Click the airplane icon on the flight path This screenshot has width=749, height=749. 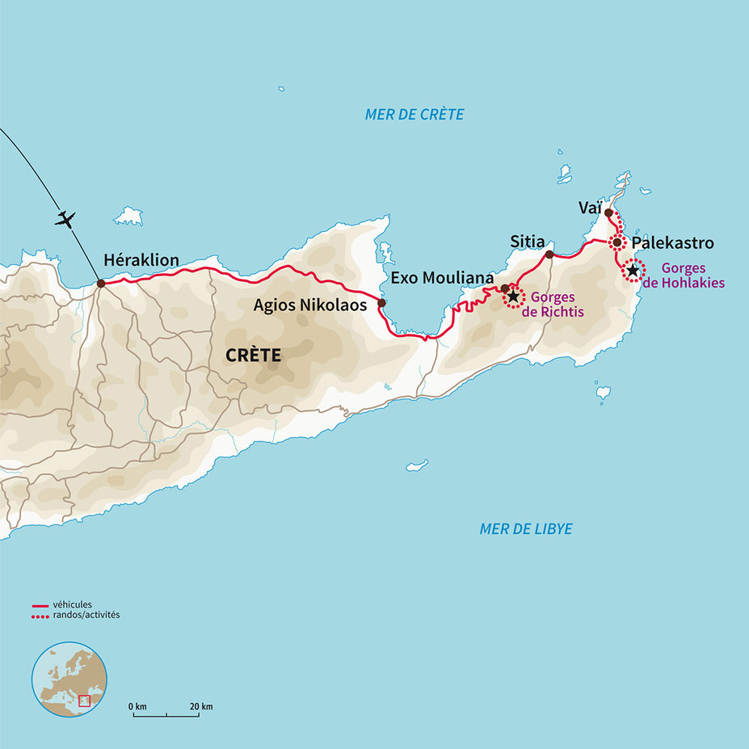tap(65, 219)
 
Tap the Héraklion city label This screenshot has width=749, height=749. tap(141, 260)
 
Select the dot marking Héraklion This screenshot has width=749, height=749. tap(101, 284)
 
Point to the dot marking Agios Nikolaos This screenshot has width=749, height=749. tap(381, 303)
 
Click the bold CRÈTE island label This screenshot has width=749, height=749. tap(254, 355)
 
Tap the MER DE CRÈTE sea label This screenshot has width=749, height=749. tap(414, 115)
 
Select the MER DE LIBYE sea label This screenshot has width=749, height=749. tap(526, 529)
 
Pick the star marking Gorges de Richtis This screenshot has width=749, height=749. tap(513, 297)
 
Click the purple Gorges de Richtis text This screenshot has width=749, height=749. tap(553, 305)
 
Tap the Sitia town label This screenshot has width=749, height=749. tap(528, 242)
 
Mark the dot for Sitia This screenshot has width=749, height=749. tap(549, 255)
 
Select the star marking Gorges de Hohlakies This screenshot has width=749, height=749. tap(633, 270)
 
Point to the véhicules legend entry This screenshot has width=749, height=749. tap(71, 604)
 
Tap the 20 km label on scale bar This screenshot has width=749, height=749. tap(201, 707)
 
